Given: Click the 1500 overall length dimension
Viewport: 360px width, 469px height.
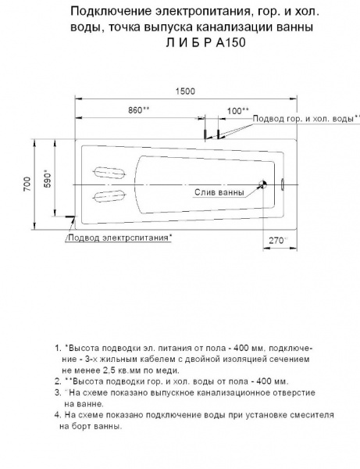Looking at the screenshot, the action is pos(185,91).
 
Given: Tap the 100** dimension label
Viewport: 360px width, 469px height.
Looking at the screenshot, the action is pos(238,110).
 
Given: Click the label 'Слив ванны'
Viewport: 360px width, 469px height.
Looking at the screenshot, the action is pos(218,192).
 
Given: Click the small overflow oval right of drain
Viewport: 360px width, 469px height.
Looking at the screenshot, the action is pos(283,185).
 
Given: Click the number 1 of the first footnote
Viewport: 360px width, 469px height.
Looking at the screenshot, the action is pos(57,345).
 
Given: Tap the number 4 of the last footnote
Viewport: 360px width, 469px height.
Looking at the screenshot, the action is pos(57,416).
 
